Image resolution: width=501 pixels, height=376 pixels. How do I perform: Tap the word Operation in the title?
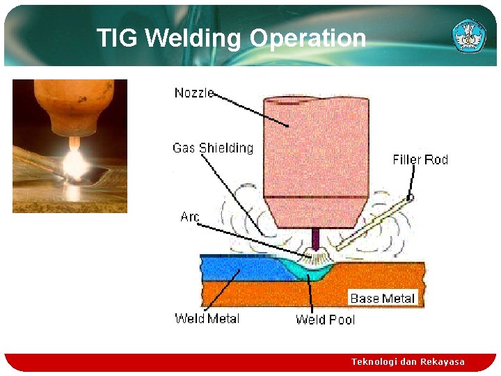click(x=308, y=38)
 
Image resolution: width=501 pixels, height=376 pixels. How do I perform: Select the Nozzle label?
click(x=194, y=93)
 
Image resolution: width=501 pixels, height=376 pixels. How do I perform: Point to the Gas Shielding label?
click(x=213, y=148)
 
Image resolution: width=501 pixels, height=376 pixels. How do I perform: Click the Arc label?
click(x=190, y=217)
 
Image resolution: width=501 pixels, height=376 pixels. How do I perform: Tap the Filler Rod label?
click(x=420, y=159)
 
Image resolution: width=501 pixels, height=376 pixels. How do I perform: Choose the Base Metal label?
click(x=383, y=298)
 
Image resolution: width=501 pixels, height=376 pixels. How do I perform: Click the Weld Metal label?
click(x=207, y=318)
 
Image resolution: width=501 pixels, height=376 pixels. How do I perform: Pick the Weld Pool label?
click(x=325, y=319)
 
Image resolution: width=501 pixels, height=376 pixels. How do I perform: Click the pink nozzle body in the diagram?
click(x=317, y=160)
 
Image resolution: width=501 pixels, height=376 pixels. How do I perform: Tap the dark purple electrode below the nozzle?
click(x=316, y=240)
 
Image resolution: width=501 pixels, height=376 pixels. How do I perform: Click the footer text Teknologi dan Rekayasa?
click(x=408, y=361)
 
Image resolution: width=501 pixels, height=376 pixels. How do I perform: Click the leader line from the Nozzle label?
click(x=250, y=109)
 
